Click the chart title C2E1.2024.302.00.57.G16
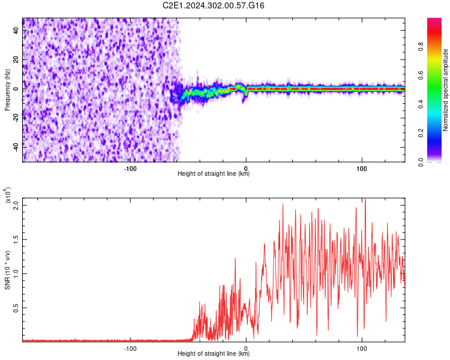click(x=214, y=5)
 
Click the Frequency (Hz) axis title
click(x=7, y=89)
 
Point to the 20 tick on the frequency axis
click(x=16, y=61)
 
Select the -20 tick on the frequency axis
click(x=16, y=117)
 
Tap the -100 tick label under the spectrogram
click(x=131, y=168)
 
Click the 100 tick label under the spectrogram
click(x=362, y=168)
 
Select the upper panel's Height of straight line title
click(x=214, y=175)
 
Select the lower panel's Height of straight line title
click(x=214, y=354)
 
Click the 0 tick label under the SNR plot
click(x=247, y=347)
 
